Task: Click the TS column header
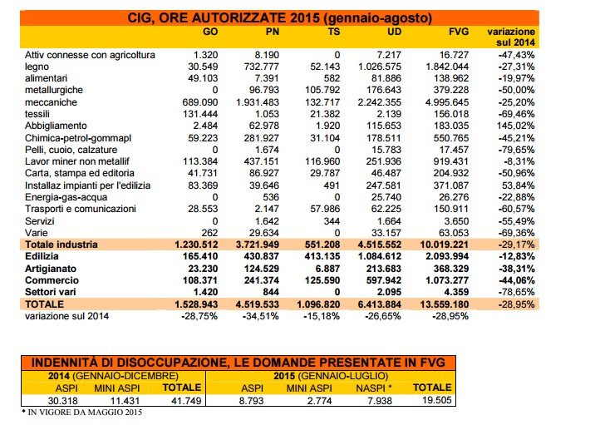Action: pos(333,32)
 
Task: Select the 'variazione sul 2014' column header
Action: pos(511,37)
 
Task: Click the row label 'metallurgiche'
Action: pos(54,90)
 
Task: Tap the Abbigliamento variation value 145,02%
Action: pos(516,126)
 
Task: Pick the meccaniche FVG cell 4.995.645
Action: pos(447,102)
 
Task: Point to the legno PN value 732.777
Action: pos(262,67)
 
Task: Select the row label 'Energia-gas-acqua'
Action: pos(66,197)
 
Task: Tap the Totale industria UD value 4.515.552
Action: pos(380,245)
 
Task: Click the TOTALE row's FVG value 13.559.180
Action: pos(445,304)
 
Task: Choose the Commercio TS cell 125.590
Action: pos(322,280)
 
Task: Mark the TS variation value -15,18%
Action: pos(322,316)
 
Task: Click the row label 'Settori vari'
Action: pos(51,292)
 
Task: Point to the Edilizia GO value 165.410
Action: pos(200,256)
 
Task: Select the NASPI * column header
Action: pos(374,388)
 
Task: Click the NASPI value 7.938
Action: pos(380,401)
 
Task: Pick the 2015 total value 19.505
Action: pos(437,400)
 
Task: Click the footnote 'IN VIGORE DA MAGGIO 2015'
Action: pos(85,412)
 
